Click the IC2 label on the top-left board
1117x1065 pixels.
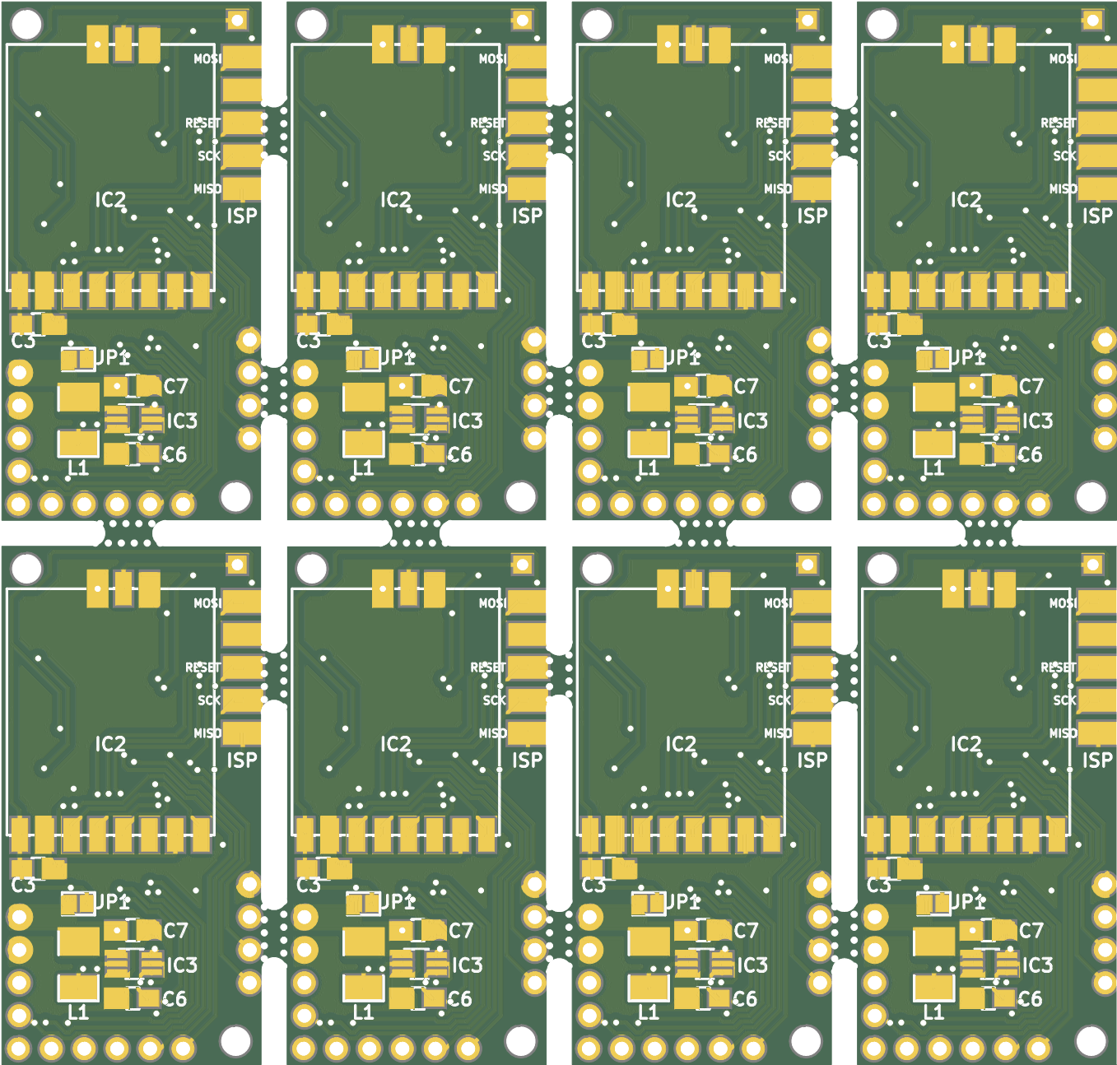click(x=110, y=200)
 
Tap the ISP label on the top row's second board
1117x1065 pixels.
click(x=527, y=216)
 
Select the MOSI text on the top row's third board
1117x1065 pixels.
click(x=777, y=59)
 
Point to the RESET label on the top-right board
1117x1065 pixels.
click(x=1058, y=123)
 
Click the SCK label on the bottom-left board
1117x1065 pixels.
click(x=208, y=700)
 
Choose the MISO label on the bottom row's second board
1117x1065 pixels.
click(x=492, y=733)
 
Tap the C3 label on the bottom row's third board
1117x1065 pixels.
click(x=593, y=886)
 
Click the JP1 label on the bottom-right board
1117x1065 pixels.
click(x=967, y=902)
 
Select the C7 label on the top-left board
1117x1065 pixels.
click(x=175, y=386)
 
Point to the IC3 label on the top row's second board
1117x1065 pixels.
click(x=467, y=421)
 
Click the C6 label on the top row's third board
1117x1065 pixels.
click(x=746, y=454)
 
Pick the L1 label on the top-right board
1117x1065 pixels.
click(x=933, y=468)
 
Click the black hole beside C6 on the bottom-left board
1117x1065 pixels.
click(x=235, y=1041)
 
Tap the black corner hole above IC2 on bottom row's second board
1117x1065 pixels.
click(x=311, y=568)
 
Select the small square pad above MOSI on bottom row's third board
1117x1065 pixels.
click(x=807, y=564)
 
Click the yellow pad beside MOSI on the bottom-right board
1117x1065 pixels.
click(x=1096, y=602)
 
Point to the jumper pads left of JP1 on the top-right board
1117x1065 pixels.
click(x=933, y=360)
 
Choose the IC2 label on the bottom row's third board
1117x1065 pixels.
click(x=681, y=744)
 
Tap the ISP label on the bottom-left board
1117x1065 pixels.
click(x=242, y=760)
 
